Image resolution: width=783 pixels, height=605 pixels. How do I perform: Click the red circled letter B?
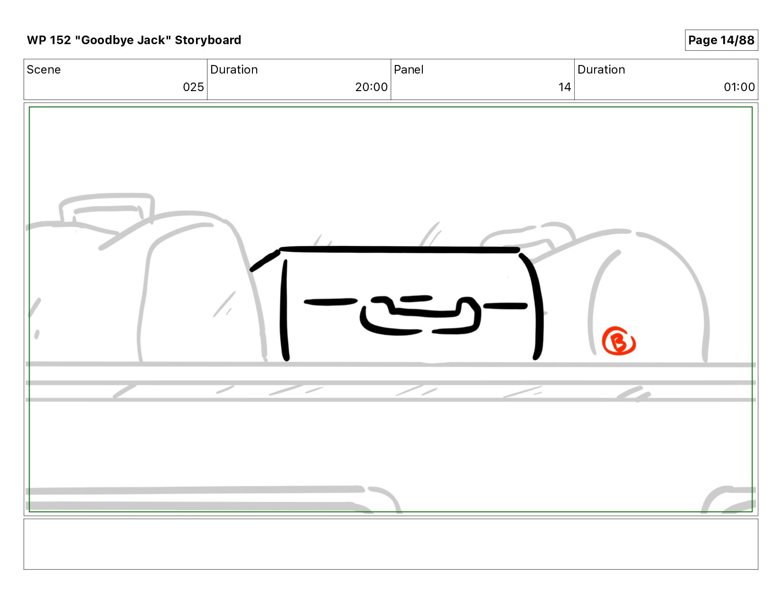point(619,341)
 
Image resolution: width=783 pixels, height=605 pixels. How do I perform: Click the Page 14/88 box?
point(721,40)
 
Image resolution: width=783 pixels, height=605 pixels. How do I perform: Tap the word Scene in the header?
point(44,70)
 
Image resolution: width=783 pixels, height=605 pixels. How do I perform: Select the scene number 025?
point(193,87)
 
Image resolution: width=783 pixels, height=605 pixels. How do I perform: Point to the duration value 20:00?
point(371,87)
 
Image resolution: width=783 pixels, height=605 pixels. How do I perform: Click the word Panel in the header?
point(408,70)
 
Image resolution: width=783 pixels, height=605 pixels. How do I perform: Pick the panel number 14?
point(565,87)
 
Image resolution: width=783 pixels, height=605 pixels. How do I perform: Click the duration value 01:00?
point(739,87)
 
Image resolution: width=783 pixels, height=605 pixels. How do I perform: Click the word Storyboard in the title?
point(208,40)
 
